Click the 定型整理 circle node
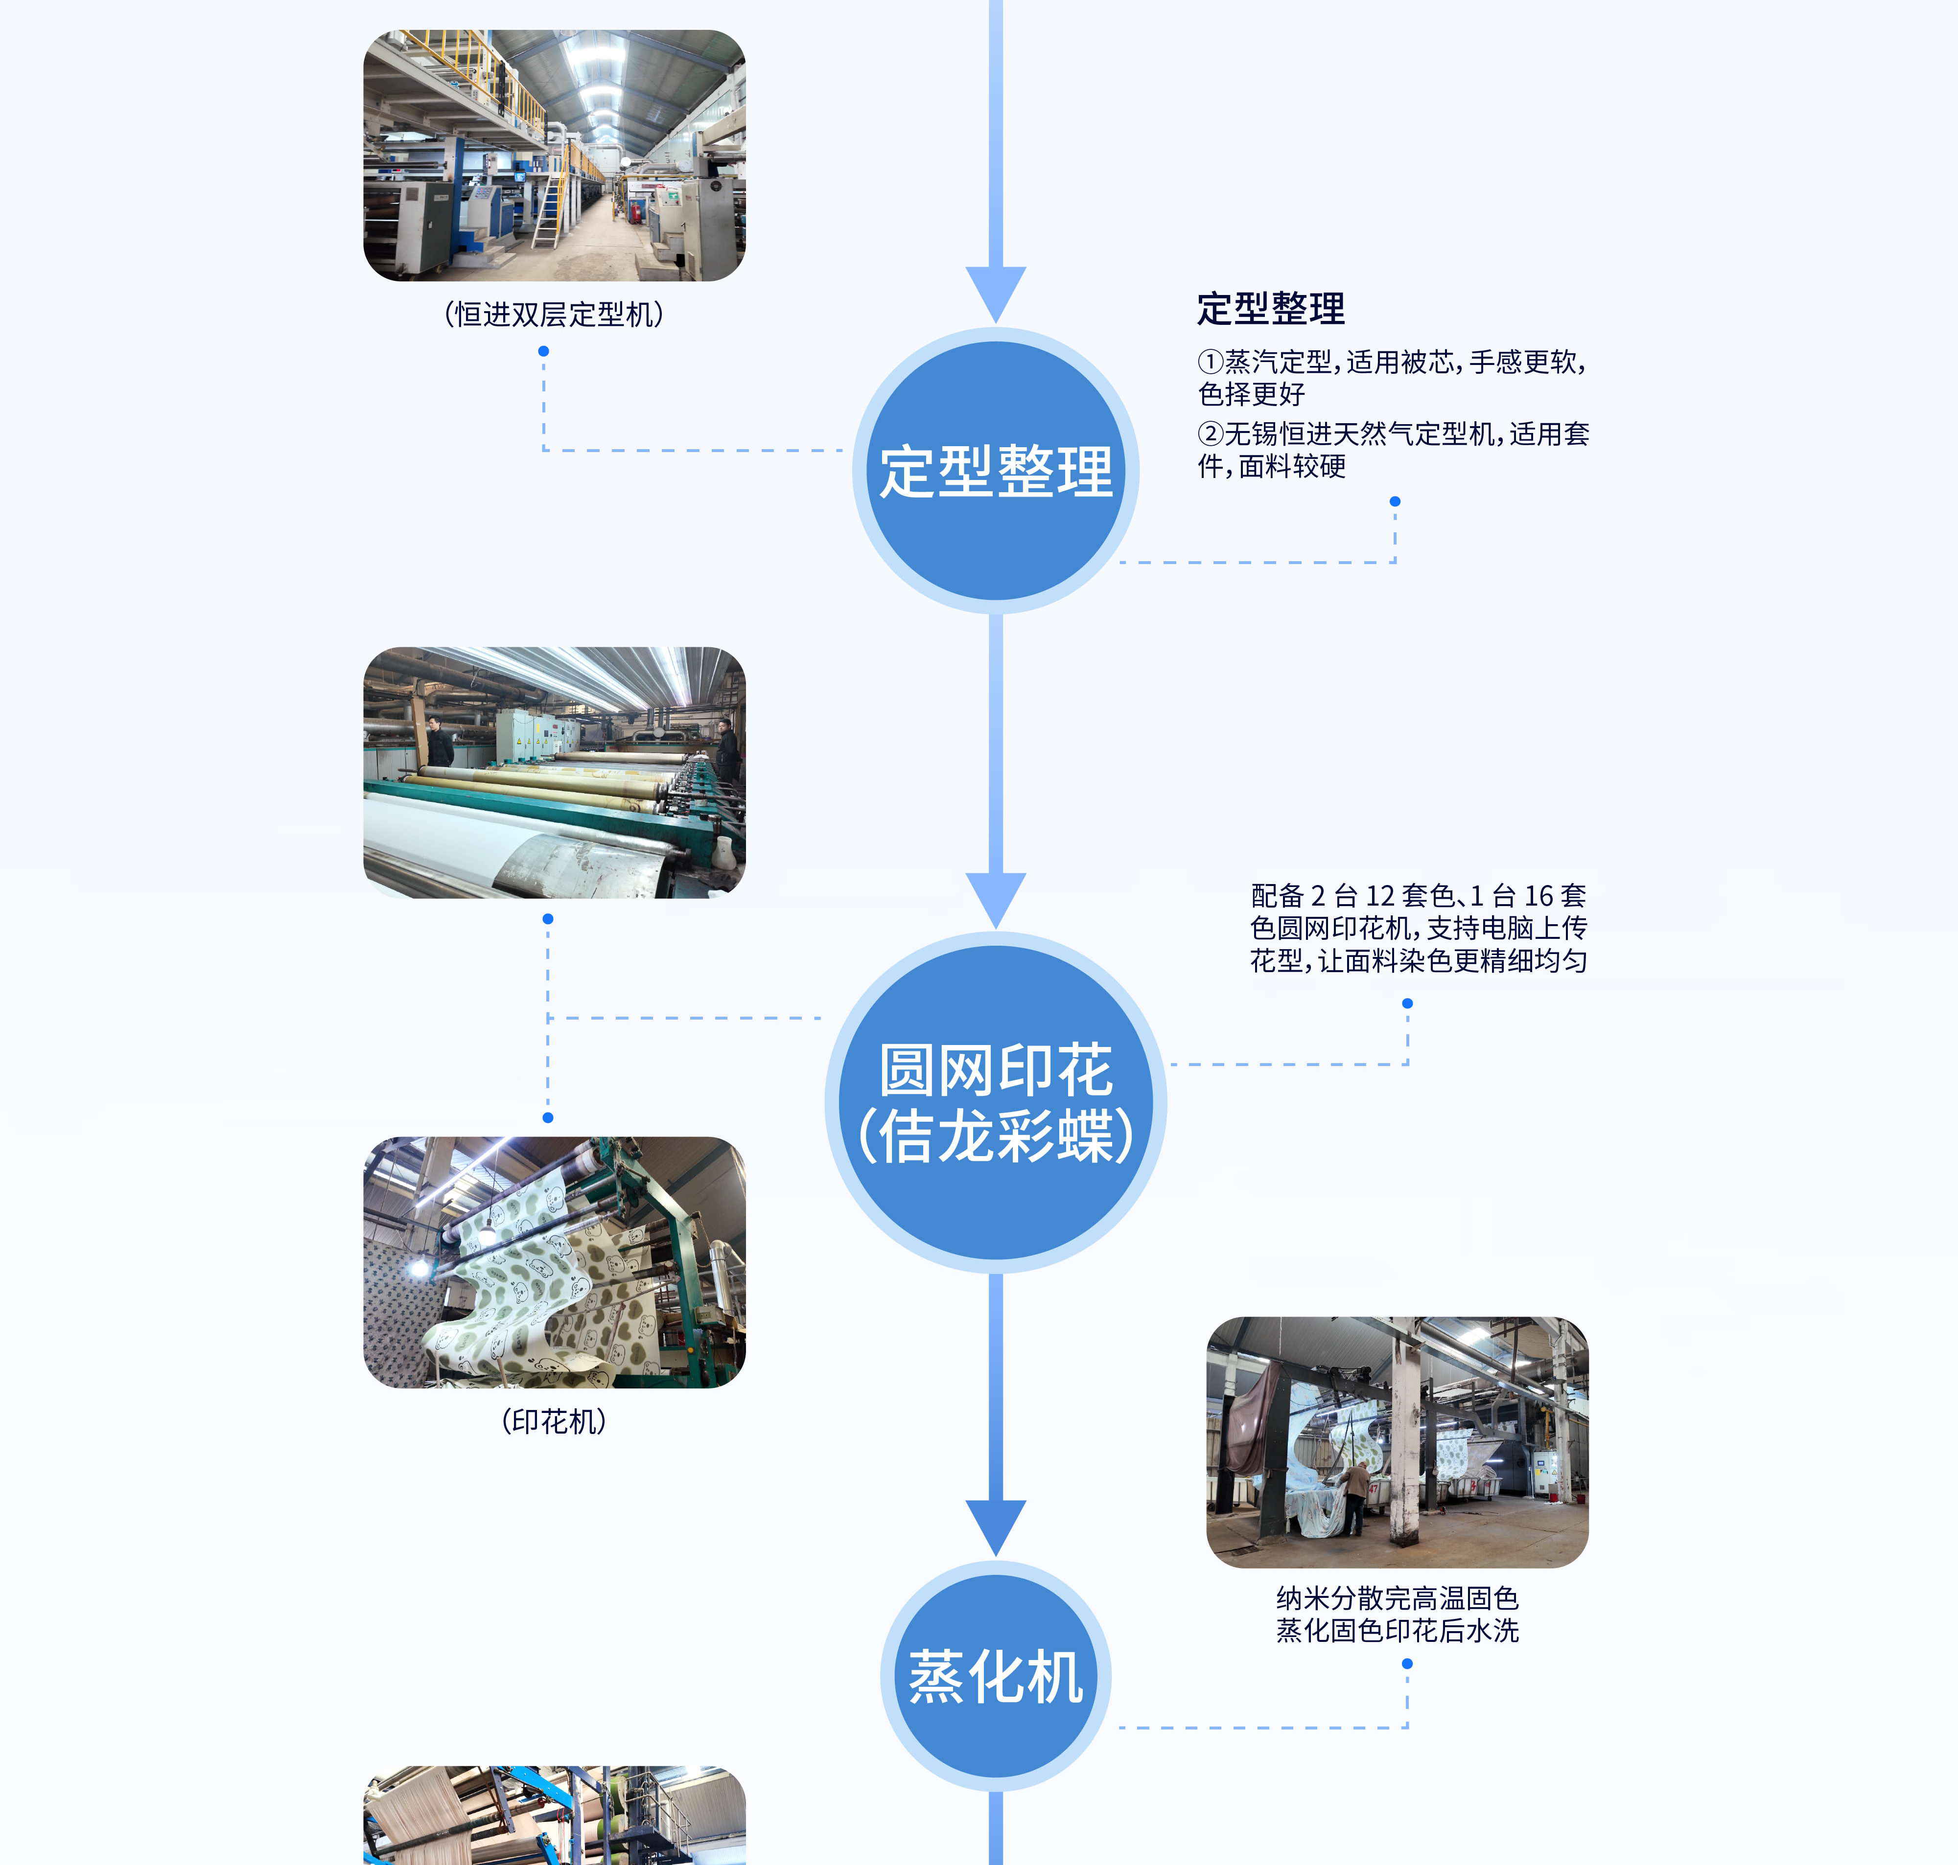(996, 470)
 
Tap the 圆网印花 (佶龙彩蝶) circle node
(996, 1102)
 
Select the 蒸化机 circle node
(996, 1676)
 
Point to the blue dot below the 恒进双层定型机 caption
(543, 351)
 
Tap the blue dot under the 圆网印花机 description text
(1407, 1003)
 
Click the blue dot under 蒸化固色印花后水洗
(1407, 1663)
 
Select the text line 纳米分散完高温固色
(1397, 1598)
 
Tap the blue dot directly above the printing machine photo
(548, 1117)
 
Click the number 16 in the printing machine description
(1539, 896)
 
